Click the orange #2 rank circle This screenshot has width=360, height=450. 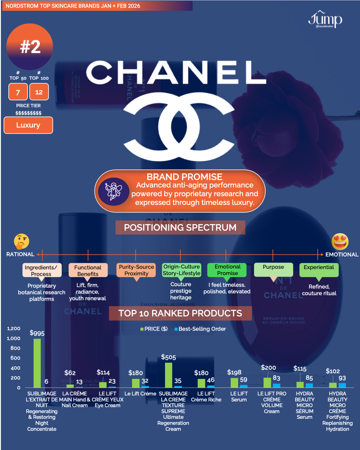point(30,47)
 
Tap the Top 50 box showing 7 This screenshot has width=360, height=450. point(18,92)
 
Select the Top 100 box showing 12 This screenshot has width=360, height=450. point(39,92)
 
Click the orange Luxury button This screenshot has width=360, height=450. point(28,125)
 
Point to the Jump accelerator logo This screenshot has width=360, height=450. point(325,20)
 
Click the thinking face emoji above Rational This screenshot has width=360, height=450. point(22,241)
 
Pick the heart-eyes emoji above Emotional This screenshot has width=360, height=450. point(340,241)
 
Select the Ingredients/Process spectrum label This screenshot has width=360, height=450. point(42,270)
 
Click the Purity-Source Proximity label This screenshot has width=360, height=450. point(136,270)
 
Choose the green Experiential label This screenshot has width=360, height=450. point(319,270)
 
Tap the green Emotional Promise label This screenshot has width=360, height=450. point(227,270)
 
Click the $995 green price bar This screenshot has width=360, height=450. point(37,363)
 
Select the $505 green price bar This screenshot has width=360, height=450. point(169,375)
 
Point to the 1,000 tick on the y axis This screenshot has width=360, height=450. point(13,338)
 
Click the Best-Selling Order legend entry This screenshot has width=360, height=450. point(200,329)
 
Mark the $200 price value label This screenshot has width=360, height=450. point(268,368)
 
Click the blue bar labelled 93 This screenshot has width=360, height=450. point(342,385)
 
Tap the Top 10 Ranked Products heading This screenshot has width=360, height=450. point(180,313)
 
